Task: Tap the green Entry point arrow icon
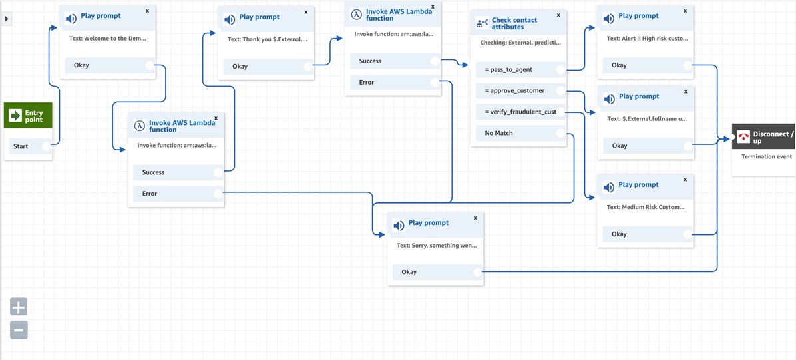15,116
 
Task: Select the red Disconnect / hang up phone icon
743,137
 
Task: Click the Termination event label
767,156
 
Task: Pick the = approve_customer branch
514,90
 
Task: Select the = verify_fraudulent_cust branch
520,112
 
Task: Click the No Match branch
498,133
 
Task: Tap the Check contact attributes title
514,23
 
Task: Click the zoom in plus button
19,307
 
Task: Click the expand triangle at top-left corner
7,19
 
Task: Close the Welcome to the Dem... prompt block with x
148,11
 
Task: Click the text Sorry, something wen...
437,245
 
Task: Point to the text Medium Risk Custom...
645,207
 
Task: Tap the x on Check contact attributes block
558,15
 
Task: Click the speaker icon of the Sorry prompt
399,226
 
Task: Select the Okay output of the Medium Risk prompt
619,234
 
